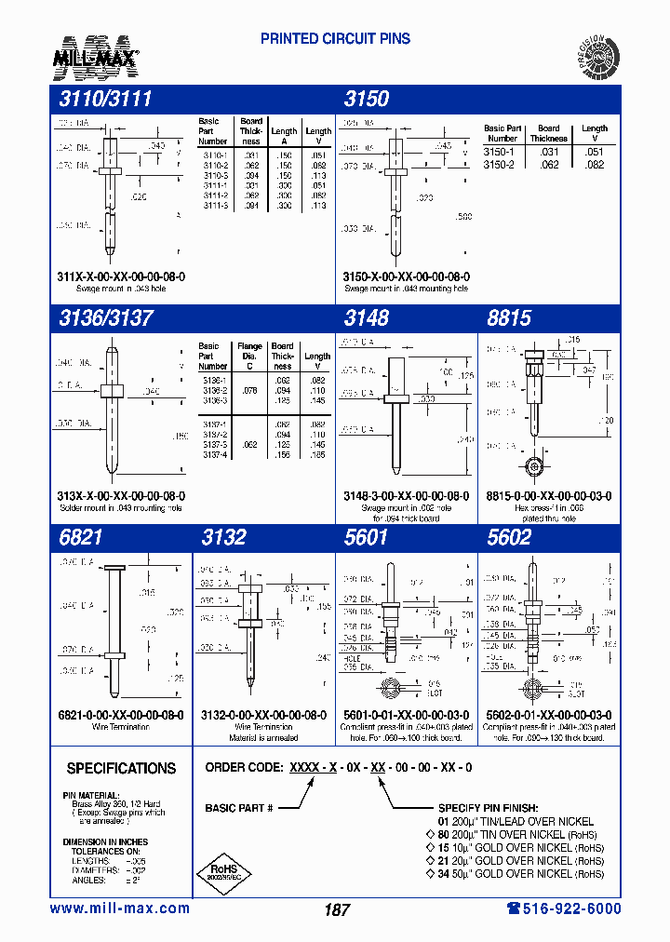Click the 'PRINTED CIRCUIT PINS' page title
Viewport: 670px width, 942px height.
pos(335,39)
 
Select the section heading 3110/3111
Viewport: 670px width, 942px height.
pos(105,100)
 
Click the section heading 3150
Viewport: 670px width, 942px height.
pos(367,100)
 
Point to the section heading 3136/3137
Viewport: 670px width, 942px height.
pos(105,317)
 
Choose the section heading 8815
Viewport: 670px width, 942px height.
pos(509,317)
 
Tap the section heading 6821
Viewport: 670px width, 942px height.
pos(80,538)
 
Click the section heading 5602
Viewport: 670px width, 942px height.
pos(509,538)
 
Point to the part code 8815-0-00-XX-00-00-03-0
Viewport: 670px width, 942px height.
pos(550,496)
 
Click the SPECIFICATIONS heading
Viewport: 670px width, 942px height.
pos(121,769)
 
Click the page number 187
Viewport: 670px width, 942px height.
pos(337,909)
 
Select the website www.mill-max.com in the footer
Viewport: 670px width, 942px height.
pos(119,908)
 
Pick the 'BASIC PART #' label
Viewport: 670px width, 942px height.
pos(239,808)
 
